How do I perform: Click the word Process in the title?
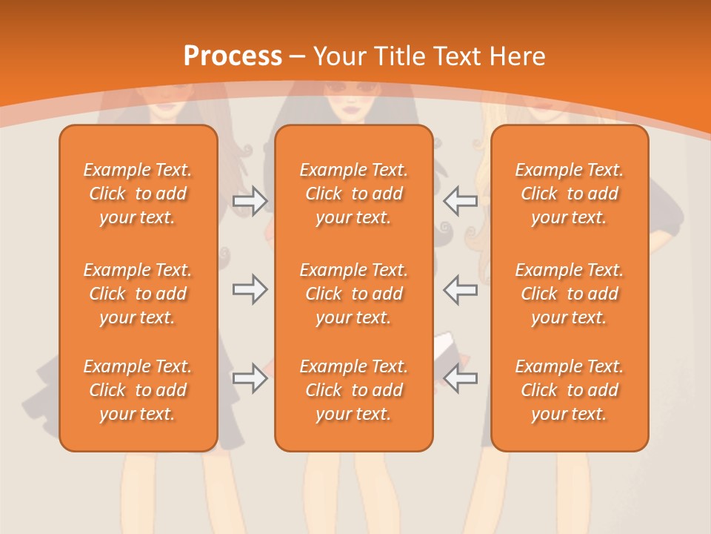233,56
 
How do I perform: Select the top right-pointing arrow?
250,201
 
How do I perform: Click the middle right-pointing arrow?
250,289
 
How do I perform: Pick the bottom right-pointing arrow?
250,378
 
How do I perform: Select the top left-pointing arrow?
461,201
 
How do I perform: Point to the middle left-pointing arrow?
461,289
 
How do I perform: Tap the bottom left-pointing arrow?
461,378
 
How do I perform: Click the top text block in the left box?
138,194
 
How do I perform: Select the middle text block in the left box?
138,294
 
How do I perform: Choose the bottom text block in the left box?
138,390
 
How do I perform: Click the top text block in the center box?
354,194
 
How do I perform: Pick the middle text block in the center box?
354,294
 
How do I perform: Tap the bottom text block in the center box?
354,390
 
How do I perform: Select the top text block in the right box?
570,194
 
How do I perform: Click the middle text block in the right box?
570,294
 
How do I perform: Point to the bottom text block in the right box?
570,390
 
